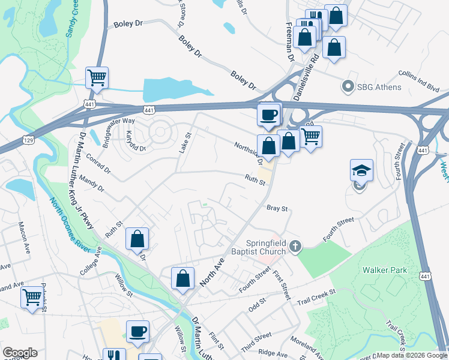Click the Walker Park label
pos(385,270)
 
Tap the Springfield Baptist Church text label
pos(260,247)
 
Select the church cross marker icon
pos(295,245)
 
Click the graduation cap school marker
pos(361,171)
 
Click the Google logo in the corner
pos(19,353)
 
